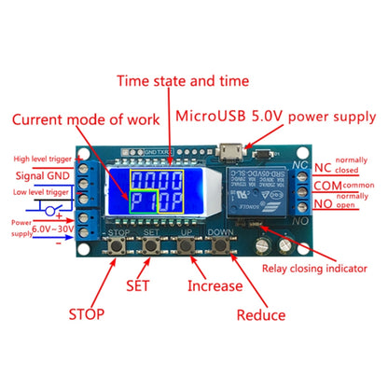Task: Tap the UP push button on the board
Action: coord(187,247)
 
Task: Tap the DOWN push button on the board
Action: coord(222,247)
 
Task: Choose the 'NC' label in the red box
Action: coord(323,168)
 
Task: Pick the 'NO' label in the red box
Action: coord(322,205)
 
